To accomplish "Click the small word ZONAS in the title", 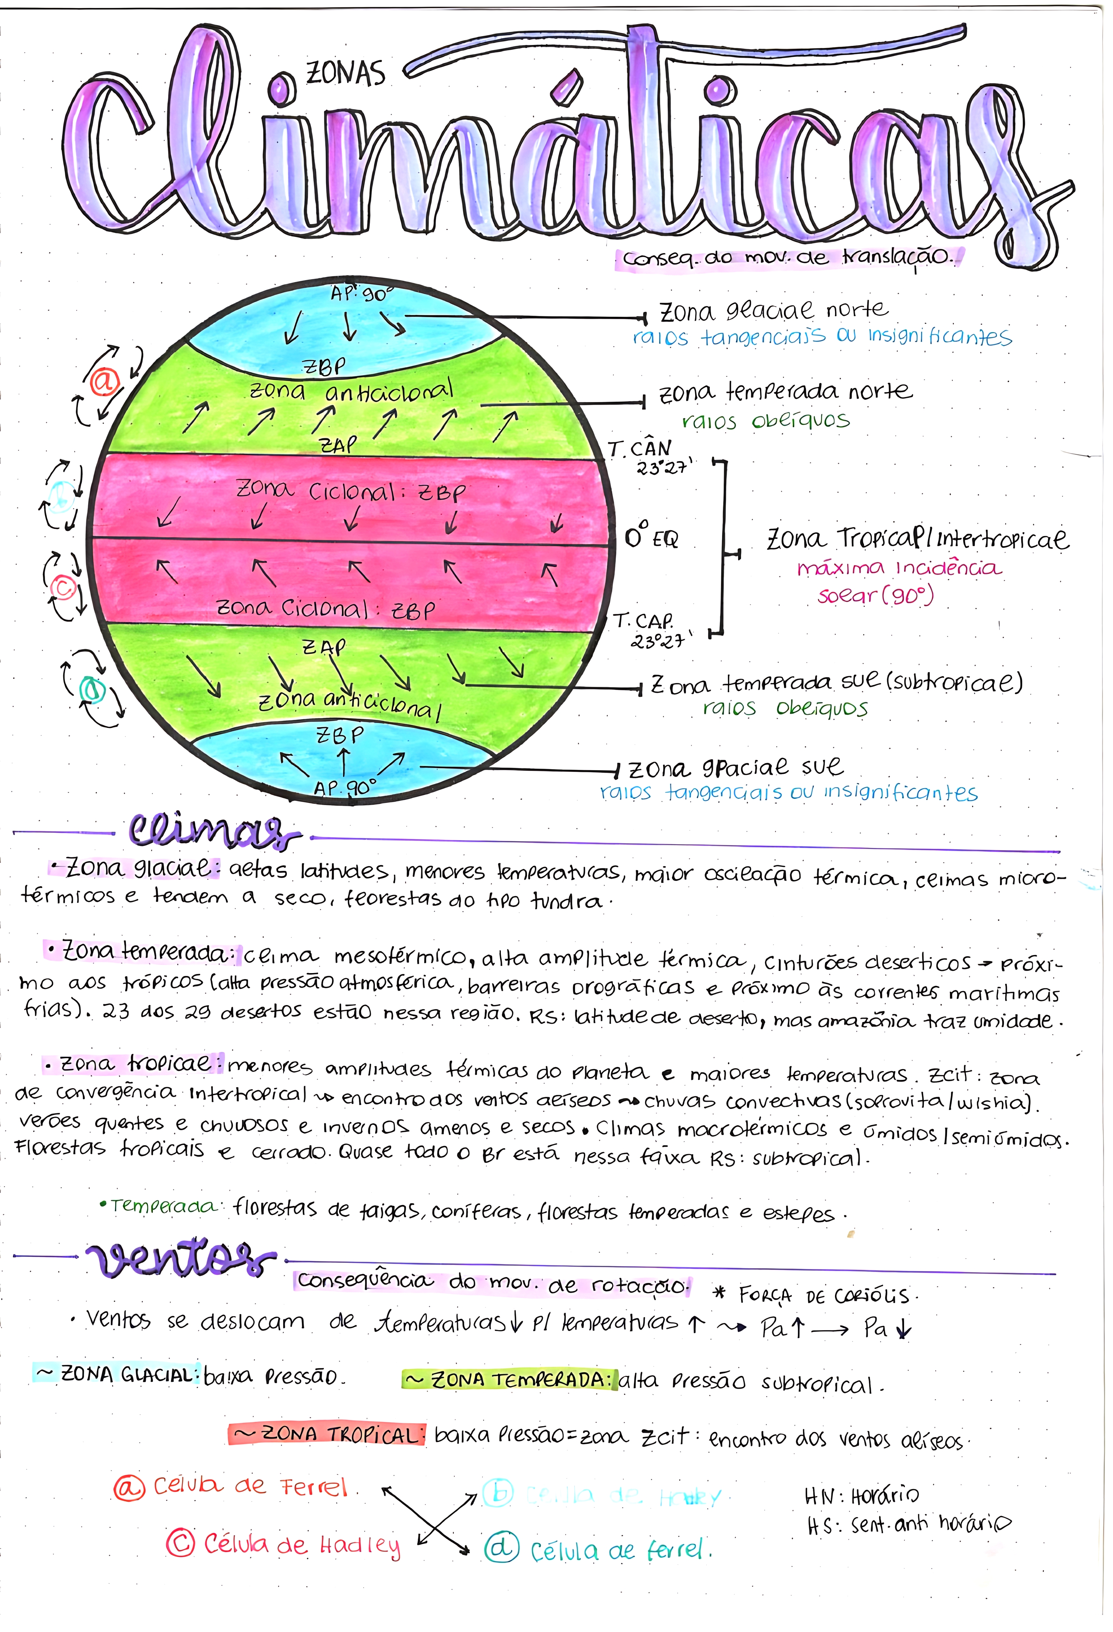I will coord(345,73).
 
